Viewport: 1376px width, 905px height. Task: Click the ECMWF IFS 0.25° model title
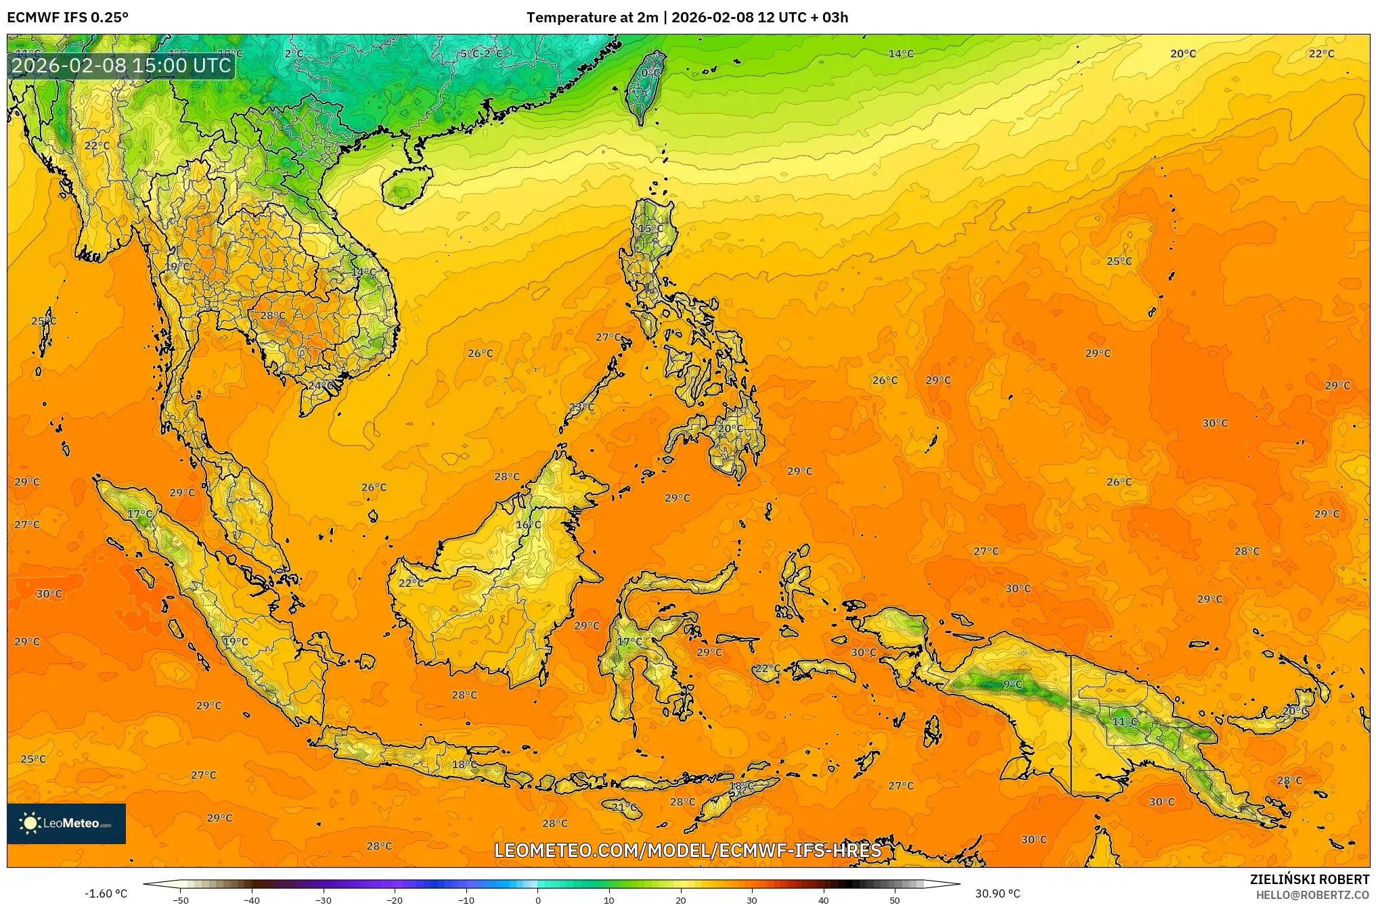pos(68,18)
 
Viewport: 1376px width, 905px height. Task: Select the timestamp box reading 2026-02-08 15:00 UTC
pos(122,66)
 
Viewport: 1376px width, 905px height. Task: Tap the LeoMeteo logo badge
pos(66,823)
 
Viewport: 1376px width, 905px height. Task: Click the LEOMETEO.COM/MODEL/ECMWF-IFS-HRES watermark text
pos(688,850)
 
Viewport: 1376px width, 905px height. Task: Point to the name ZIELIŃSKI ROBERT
pos(1309,879)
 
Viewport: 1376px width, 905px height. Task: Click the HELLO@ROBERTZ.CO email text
pos(1312,895)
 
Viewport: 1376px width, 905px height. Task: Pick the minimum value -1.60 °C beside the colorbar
pos(106,894)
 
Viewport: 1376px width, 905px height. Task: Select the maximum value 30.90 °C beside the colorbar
pos(997,894)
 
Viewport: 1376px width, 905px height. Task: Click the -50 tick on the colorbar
pos(181,900)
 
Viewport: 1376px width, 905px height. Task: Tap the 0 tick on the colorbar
pos(538,900)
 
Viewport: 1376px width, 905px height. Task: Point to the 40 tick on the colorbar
pos(824,900)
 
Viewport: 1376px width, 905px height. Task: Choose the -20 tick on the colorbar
pos(395,900)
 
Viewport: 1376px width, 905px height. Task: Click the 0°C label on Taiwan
pos(650,73)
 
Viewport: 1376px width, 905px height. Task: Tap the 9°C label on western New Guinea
pos(1013,684)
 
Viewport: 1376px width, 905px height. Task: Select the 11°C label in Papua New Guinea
pos(1125,722)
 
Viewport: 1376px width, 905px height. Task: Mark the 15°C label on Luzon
pos(651,229)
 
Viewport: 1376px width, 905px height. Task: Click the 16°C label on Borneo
pos(529,525)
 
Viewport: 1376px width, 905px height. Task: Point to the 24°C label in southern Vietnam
pos(321,386)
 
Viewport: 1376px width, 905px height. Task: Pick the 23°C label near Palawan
pos(581,407)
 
